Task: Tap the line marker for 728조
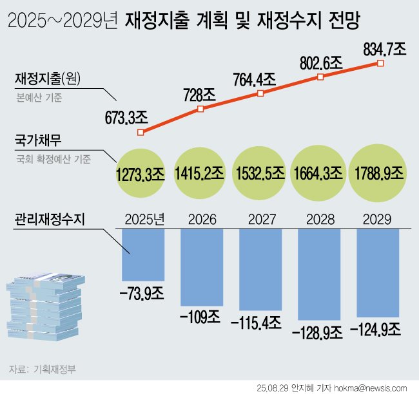click(200, 109)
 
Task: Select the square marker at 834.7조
click(380, 63)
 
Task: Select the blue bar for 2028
click(320, 274)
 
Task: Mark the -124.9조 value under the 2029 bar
click(376, 330)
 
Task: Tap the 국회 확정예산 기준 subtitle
click(54, 158)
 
